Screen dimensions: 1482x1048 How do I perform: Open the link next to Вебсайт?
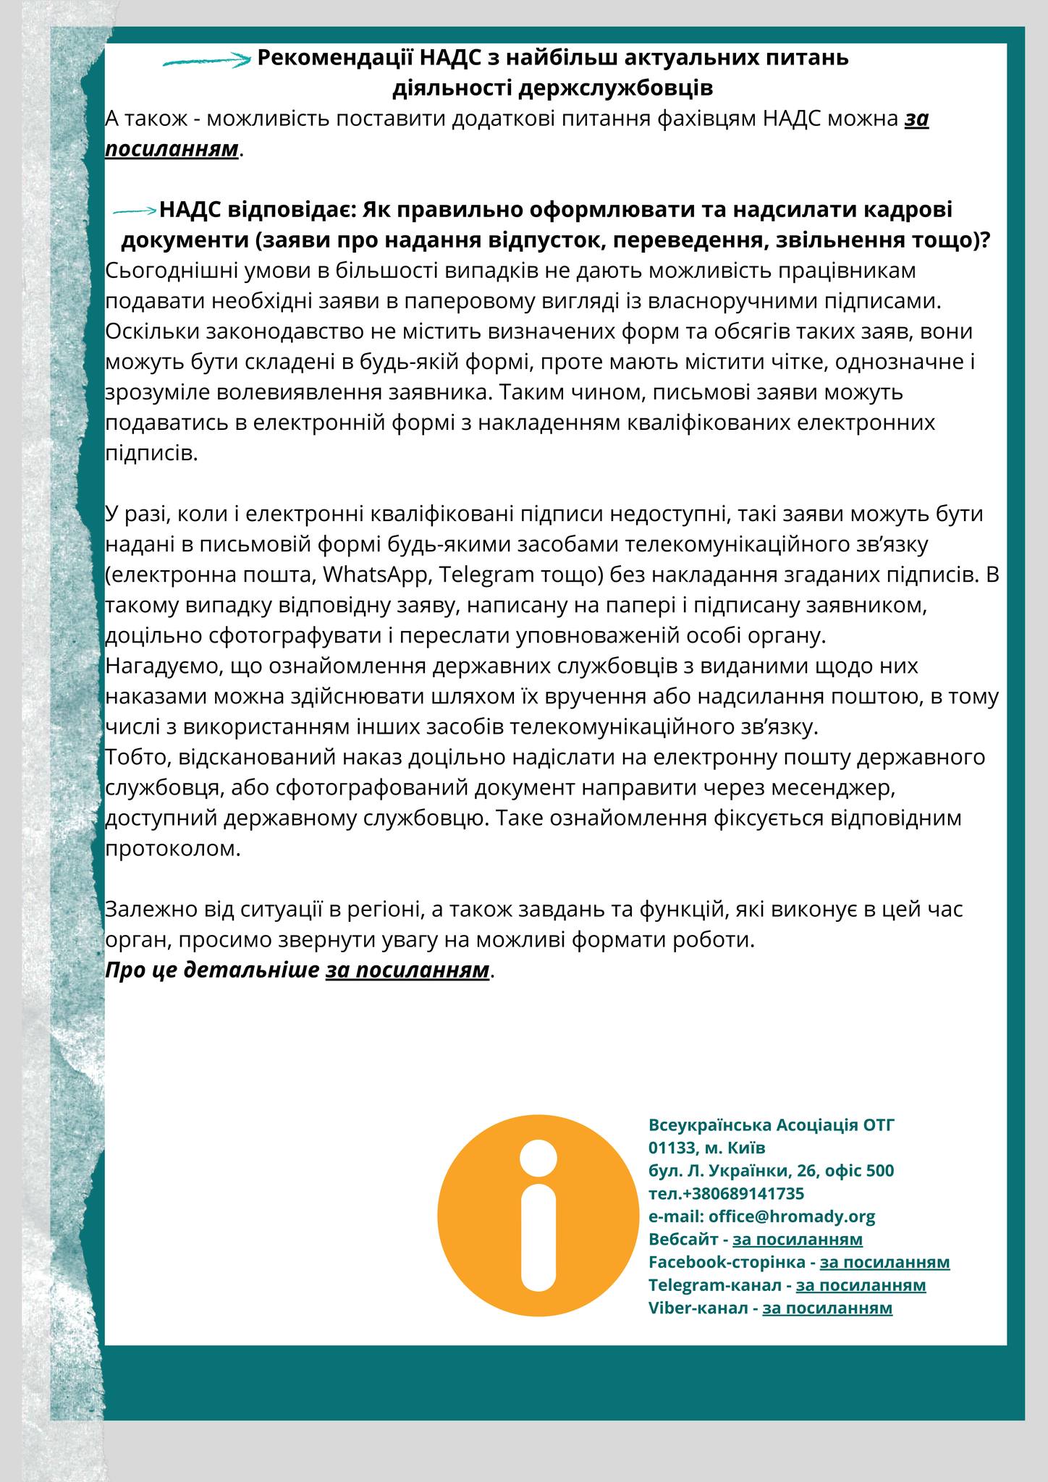coord(798,1239)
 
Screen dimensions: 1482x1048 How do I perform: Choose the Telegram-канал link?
coord(861,1285)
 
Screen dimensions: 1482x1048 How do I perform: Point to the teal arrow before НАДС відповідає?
coord(135,211)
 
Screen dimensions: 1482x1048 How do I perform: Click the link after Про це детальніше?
coord(407,970)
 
